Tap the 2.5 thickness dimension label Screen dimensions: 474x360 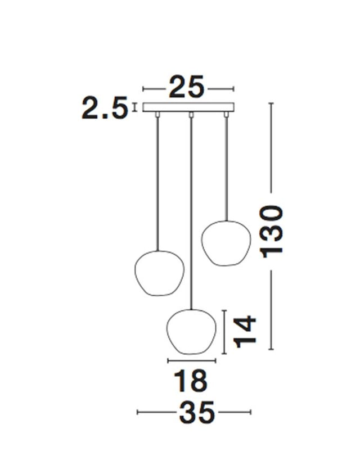(105, 108)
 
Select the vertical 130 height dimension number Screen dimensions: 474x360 (273, 231)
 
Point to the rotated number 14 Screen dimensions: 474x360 (245, 332)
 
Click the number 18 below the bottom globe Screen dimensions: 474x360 (190, 381)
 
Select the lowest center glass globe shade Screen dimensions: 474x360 (191, 332)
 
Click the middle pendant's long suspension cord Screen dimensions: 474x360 (192, 214)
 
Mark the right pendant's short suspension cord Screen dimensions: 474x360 (226, 169)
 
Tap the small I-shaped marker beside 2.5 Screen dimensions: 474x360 (135, 108)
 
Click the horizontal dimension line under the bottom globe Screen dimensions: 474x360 (191, 360)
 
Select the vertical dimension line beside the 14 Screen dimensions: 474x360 (225, 332)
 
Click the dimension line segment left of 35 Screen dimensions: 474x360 (156, 413)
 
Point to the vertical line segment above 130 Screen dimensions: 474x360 (272, 146)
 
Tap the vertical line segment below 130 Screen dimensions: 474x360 (272, 309)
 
